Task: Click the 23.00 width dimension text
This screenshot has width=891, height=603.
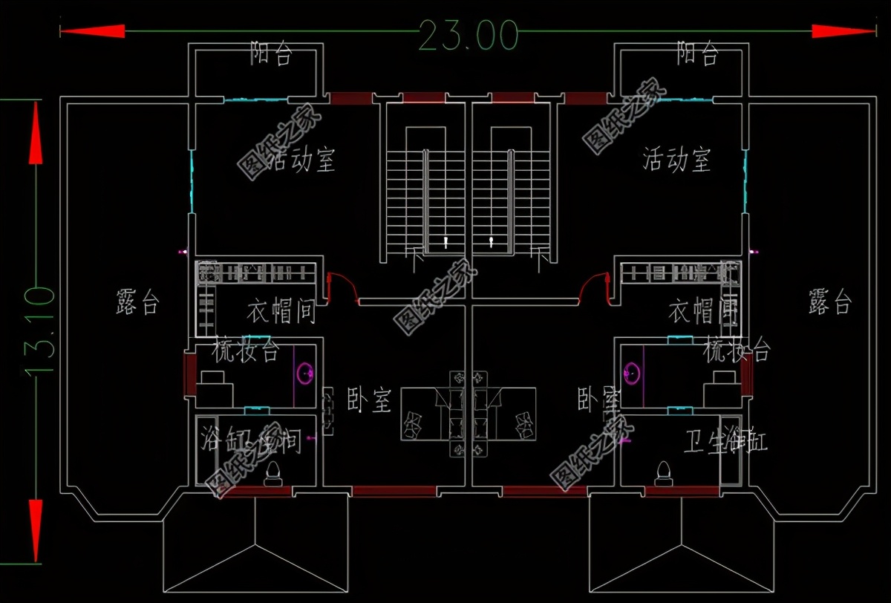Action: (x=468, y=34)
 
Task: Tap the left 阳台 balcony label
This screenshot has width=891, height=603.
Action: (x=272, y=54)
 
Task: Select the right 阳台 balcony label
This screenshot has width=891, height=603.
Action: (x=697, y=53)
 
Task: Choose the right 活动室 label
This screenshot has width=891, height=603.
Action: (x=676, y=160)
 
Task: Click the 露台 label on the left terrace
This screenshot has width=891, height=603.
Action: (x=137, y=303)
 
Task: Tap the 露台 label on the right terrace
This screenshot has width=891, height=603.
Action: (x=829, y=302)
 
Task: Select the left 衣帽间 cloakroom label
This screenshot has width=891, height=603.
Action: (x=281, y=313)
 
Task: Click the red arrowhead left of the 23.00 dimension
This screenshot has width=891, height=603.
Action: (x=92, y=31)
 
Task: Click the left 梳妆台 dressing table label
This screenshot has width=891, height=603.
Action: (x=246, y=351)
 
